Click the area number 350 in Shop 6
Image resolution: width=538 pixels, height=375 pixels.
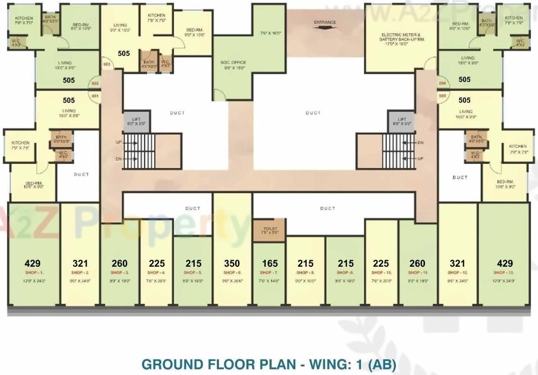(232, 263)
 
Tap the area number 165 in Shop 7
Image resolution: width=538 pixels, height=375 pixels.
(270, 263)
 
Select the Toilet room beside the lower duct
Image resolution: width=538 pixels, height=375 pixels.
(269, 230)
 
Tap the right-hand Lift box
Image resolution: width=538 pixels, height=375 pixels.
(401, 121)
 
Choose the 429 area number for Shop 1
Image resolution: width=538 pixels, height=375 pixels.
(33, 263)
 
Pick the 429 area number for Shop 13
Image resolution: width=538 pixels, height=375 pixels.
(505, 263)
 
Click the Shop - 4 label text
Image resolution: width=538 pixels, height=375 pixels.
(157, 273)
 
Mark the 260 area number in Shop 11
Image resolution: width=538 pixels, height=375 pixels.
(417, 263)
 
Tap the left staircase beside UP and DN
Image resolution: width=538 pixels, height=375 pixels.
(139, 151)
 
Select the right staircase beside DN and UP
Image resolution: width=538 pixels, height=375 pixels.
(399, 151)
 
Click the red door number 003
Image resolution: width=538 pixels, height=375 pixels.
(107, 64)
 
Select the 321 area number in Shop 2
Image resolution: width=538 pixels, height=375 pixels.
(80, 263)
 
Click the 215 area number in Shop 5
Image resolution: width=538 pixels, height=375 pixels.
(193, 263)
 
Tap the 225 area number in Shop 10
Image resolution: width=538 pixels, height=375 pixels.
(380, 263)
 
